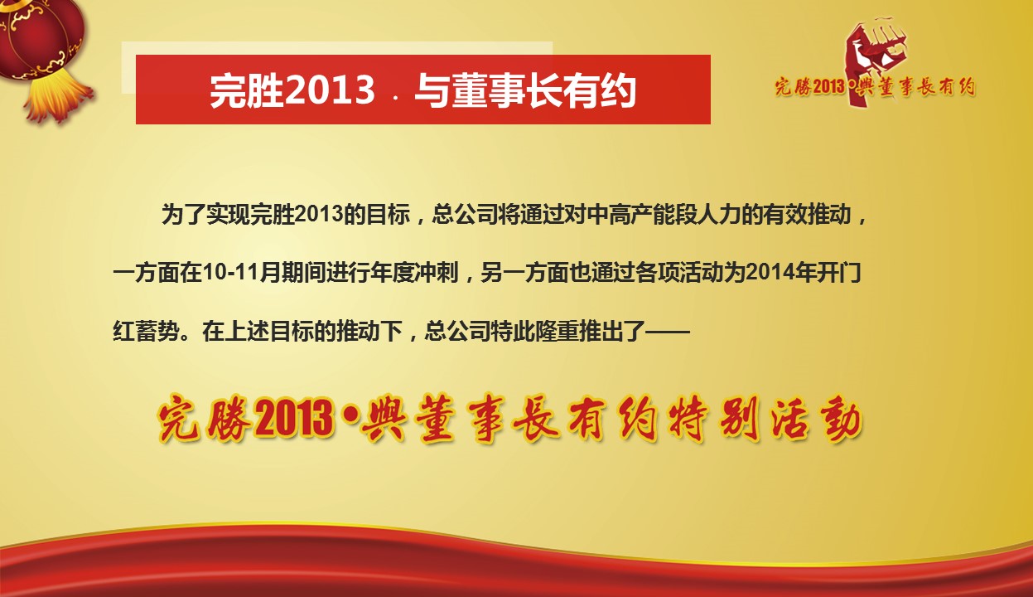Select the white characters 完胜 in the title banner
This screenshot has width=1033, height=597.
pos(247,90)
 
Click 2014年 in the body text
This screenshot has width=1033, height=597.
pos(780,272)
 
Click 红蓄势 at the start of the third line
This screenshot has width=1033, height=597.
pos(146,331)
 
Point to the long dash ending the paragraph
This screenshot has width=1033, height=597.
pos(668,331)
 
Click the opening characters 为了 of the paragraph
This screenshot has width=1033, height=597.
pos(183,214)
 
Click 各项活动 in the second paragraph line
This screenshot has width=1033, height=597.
pos(678,272)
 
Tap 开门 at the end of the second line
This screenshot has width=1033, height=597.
pos(839,272)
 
